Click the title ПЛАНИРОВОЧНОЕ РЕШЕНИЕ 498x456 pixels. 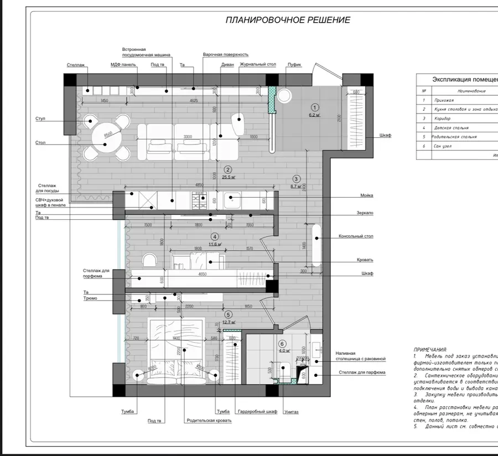(x=288, y=20)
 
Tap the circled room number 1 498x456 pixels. (x=314, y=108)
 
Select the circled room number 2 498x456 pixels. (x=227, y=170)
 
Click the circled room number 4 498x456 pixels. (x=215, y=236)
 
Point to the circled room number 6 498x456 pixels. (x=282, y=343)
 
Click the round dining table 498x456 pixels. (x=107, y=136)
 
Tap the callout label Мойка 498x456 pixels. (x=366, y=195)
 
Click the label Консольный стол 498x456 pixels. (x=356, y=236)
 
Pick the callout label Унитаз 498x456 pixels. (x=292, y=412)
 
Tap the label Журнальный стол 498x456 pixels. (x=257, y=64)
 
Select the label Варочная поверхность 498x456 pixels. (x=225, y=55)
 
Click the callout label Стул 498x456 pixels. (x=40, y=118)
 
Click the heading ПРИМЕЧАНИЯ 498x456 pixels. (x=430, y=350)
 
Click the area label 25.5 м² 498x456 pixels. (x=229, y=177)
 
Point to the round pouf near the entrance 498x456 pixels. (x=284, y=95)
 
